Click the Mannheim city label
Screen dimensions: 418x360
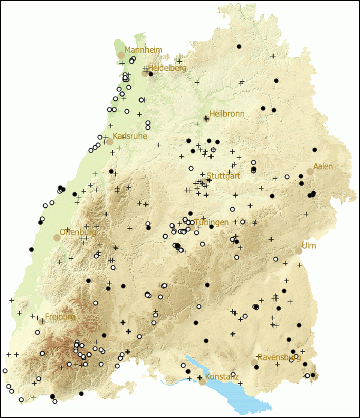tap(143, 50)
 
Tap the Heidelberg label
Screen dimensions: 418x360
tap(168, 68)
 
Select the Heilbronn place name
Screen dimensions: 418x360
tap(227, 114)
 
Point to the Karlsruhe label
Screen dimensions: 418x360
tap(130, 136)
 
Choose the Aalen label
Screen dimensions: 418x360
tap(323, 166)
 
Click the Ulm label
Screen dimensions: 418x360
tap(308, 246)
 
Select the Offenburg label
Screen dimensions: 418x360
tap(78, 232)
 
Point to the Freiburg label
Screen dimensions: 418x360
tap(60, 317)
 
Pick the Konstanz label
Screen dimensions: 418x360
tap(222, 377)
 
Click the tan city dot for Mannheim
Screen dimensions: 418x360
tap(121, 55)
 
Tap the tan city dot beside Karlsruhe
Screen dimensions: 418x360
tap(110, 142)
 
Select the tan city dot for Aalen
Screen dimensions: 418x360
tap(310, 172)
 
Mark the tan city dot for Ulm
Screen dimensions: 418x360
tap(298, 251)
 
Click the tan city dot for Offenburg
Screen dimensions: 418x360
tap(57, 238)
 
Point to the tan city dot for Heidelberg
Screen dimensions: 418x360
tap(145, 73)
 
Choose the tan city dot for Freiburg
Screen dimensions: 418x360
tap(42, 321)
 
